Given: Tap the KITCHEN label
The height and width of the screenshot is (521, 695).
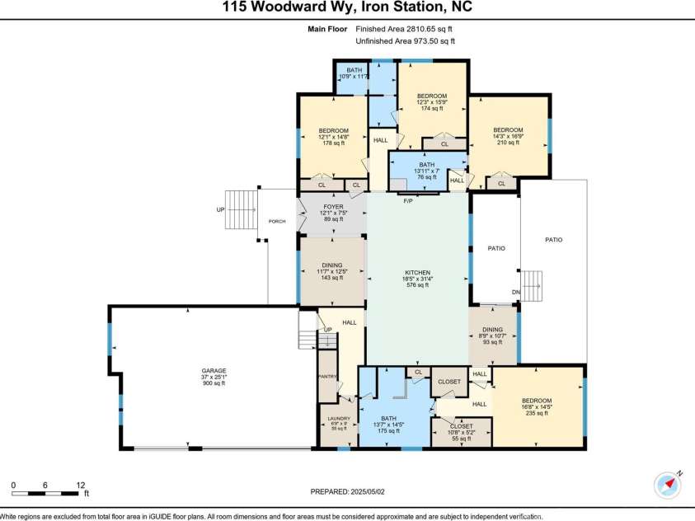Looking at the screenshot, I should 418,273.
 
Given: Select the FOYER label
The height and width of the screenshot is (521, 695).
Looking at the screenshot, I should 333,207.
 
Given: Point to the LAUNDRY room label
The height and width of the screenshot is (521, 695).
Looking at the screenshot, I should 339,419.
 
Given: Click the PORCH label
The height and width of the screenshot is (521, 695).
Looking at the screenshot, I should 277,221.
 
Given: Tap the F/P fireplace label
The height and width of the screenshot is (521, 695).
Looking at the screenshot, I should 406,200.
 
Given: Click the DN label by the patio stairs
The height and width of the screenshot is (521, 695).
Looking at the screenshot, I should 516,292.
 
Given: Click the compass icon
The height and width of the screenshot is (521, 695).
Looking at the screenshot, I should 667,485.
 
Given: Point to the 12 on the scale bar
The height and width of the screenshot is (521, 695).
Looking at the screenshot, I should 80,485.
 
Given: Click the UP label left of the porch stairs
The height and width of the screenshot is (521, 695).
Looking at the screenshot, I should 220,209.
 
